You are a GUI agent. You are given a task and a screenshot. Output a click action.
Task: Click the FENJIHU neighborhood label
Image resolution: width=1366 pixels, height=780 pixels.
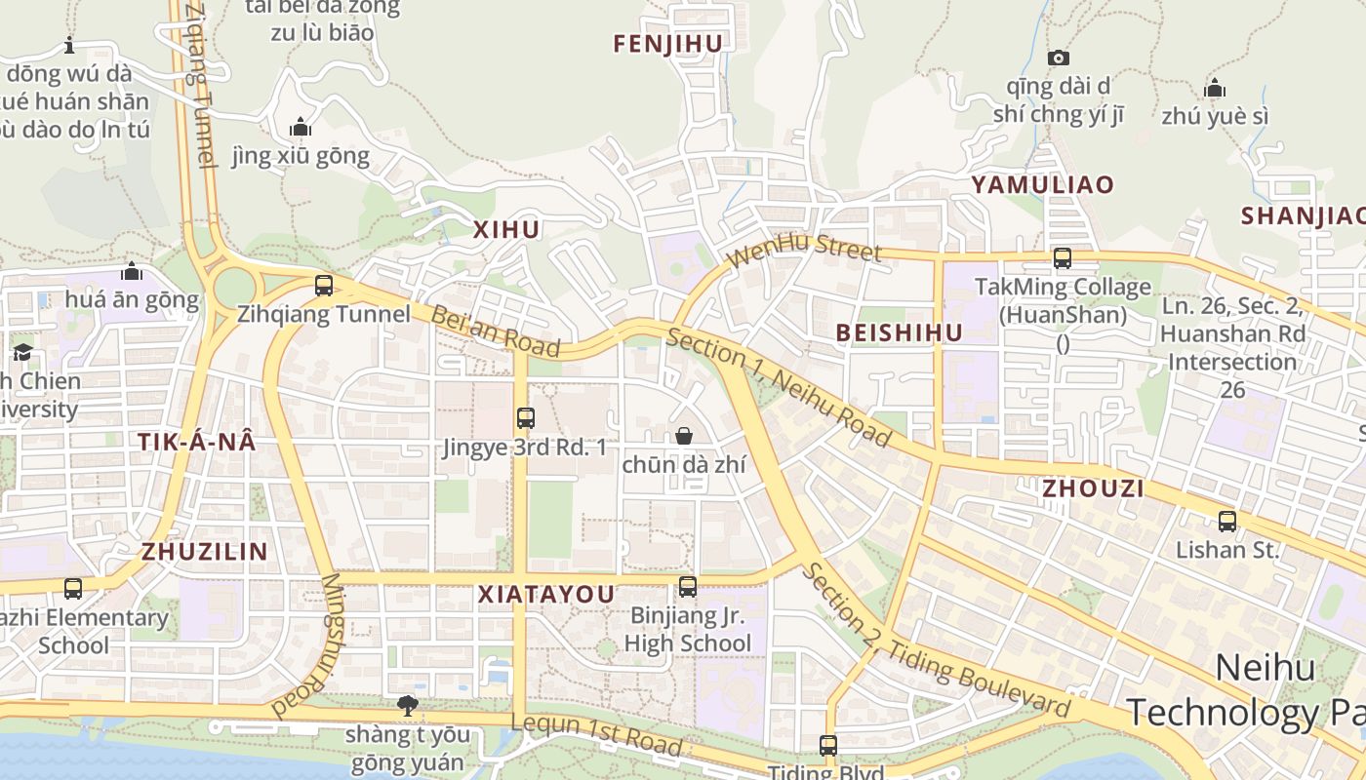668,44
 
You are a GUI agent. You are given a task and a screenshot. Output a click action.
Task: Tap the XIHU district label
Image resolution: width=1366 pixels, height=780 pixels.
506,230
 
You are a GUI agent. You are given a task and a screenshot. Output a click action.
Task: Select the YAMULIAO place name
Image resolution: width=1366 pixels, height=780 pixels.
1042,185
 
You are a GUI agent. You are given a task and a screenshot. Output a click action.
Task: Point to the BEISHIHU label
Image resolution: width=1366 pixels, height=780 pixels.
900,333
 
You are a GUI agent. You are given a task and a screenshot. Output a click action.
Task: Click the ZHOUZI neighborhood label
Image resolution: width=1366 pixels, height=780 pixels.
1093,488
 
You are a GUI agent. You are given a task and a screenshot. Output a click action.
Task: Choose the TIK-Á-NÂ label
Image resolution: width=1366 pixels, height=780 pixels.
197,442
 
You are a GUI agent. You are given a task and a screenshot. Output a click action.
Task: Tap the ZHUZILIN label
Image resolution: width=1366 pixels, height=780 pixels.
205,552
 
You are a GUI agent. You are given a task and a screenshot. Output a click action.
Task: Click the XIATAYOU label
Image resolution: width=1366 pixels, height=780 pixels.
546,595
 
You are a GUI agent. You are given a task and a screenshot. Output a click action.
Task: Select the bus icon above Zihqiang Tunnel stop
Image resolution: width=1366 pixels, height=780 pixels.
324,287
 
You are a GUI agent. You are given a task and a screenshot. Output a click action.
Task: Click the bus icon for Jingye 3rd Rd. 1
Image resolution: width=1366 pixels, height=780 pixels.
526,418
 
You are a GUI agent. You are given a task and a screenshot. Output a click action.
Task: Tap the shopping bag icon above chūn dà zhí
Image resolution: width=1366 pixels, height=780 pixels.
684,436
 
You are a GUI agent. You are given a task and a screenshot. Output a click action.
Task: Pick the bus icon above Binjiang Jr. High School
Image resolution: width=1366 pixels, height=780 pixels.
688,587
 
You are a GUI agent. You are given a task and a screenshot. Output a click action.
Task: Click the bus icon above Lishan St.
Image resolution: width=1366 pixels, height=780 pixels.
1227,522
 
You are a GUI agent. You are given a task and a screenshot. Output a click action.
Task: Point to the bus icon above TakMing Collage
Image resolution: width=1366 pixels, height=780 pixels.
1063,259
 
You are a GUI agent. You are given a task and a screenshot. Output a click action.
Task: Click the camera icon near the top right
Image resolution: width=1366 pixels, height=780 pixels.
1059,58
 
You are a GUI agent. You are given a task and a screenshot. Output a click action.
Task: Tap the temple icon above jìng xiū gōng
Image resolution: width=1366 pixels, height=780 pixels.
301,127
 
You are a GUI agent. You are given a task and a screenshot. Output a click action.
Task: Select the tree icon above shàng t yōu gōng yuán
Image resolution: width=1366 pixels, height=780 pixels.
408,705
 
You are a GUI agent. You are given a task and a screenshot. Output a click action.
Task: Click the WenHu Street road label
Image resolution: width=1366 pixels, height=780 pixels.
805,250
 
